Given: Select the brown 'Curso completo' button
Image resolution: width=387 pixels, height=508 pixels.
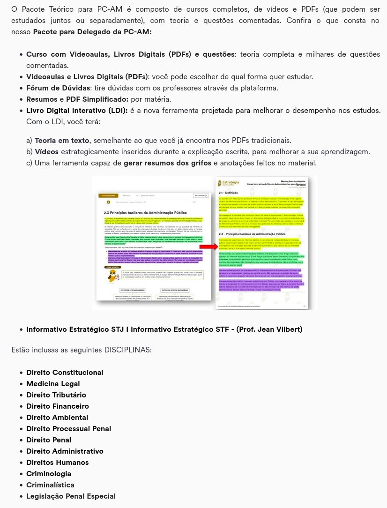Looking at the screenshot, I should point(107,195).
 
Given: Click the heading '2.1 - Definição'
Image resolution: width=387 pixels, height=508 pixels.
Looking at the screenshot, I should point(229,193).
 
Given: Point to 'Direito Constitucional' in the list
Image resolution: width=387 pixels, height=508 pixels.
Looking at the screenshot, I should point(65,373).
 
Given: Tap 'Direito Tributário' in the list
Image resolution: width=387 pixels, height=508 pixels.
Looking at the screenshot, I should point(56,395).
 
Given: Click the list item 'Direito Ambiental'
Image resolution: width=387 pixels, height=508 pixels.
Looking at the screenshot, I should point(57,418).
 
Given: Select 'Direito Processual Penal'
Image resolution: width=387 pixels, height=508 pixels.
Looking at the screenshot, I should point(69,429).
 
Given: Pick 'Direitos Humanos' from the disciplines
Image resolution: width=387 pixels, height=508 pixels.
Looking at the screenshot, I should point(58,463).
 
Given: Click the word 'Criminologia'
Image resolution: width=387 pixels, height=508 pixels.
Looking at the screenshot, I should point(49,474).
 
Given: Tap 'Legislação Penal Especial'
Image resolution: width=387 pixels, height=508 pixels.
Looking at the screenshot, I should point(71,496).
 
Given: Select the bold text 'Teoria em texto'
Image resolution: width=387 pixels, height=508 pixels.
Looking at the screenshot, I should point(62,141).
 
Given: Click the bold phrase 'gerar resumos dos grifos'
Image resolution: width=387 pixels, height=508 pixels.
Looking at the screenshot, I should point(165,163).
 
